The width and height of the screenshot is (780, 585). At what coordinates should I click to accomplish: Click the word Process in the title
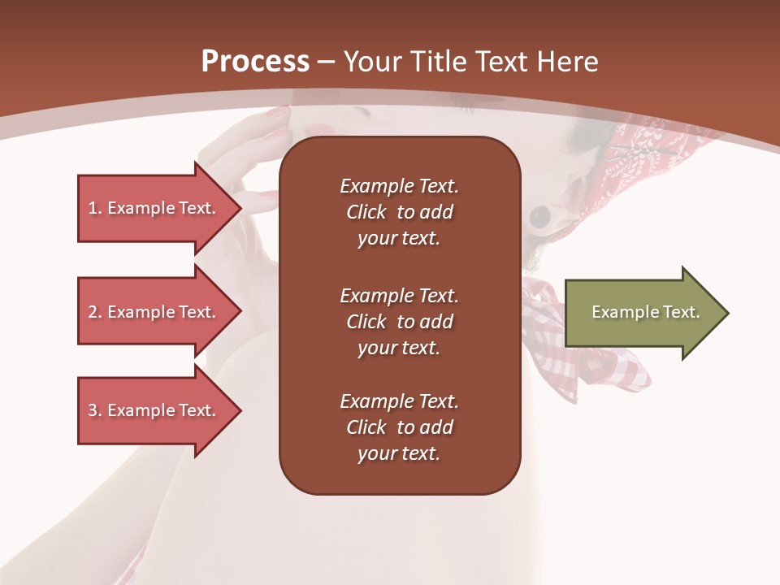tap(255, 62)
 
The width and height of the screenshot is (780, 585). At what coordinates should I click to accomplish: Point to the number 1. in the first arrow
tap(95, 208)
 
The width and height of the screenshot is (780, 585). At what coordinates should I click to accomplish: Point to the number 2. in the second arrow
tap(95, 312)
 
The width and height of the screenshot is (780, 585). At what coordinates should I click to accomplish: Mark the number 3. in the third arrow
tap(95, 410)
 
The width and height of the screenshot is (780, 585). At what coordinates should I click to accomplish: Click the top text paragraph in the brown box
tap(399, 212)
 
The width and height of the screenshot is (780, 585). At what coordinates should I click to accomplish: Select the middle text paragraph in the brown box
tap(399, 322)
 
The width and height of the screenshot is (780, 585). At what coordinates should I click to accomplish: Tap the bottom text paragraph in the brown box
tap(399, 427)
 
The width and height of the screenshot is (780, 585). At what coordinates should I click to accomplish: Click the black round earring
tap(539, 217)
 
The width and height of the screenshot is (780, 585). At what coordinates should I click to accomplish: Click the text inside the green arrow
tap(646, 312)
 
